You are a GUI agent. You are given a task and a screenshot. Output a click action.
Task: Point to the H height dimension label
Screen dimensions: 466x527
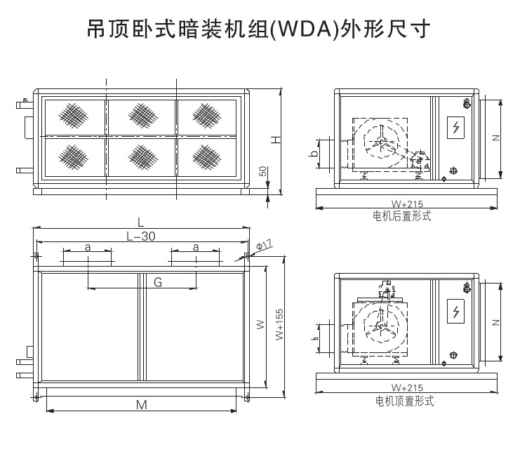(276, 140)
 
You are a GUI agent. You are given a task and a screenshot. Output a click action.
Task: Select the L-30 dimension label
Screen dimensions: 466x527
(140, 237)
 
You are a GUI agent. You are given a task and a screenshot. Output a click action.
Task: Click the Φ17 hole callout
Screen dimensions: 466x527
(264, 245)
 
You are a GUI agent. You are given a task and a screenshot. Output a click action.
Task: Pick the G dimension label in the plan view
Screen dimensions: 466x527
(158, 282)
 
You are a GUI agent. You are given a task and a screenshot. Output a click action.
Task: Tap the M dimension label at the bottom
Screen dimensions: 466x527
(142, 405)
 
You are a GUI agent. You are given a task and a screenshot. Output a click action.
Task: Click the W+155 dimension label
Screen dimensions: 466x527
(280, 325)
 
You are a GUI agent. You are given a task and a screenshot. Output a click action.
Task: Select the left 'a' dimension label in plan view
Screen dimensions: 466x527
(88, 247)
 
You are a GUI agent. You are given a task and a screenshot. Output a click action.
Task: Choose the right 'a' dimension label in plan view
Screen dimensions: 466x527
(195, 247)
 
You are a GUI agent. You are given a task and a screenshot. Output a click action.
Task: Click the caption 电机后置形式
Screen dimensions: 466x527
(402, 217)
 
